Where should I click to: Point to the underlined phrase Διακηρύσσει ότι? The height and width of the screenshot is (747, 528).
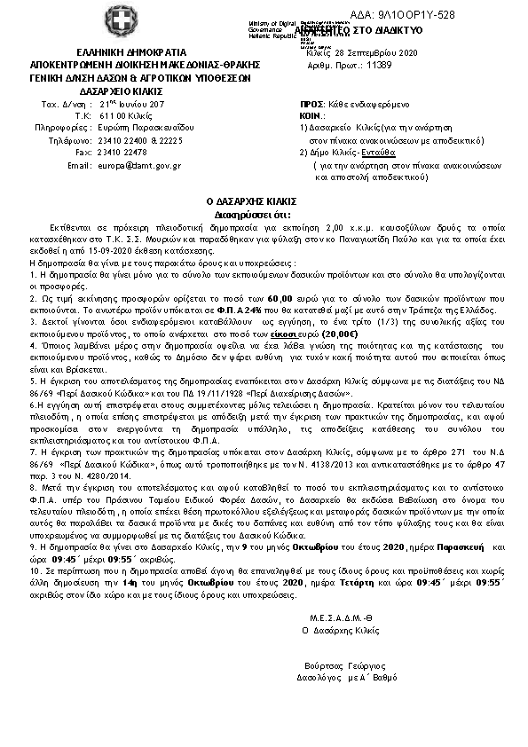(264, 215)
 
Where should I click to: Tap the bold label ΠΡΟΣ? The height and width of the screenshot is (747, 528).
(312, 105)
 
